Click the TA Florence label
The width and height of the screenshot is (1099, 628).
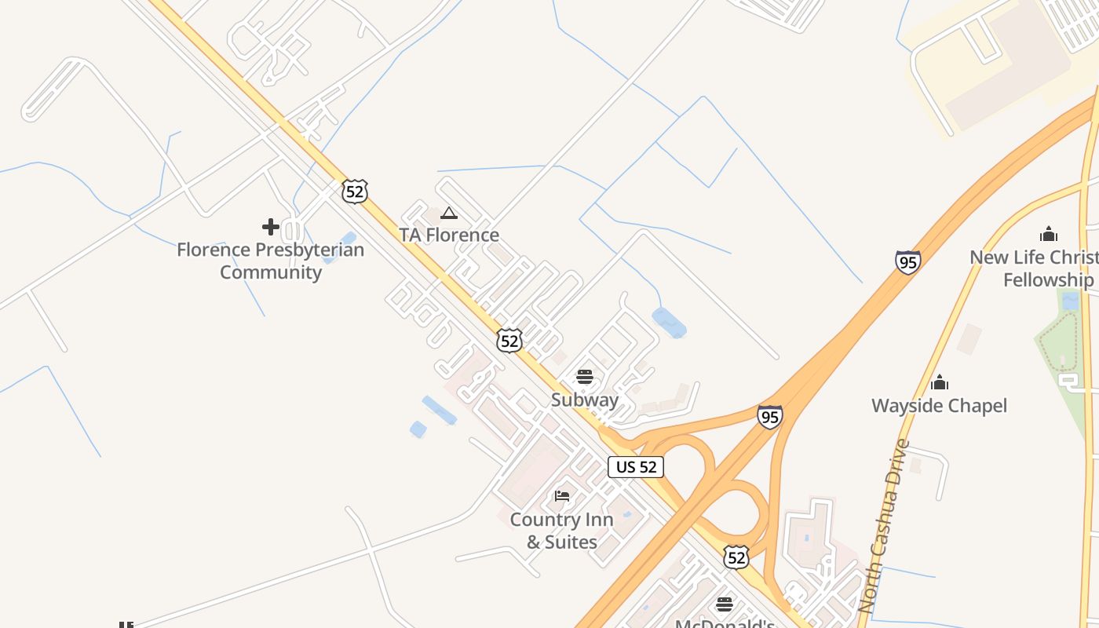pyautogui.click(x=448, y=235)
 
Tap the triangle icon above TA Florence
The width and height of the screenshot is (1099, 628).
pyautogui.click(x=448, y=213)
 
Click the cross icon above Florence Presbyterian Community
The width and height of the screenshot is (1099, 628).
pyautogui.click(x=270, y=227)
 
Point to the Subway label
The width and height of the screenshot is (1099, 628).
pyautogui.click(x=585, y=400)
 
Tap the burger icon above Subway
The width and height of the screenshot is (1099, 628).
pyautogui.click(x=585, y=377)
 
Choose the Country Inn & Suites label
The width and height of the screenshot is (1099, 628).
pyautogui.click(x=561, y=531)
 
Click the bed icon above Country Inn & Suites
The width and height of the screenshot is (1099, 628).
pyautogui.click(x=562, y=496)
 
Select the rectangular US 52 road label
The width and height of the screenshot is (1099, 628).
pyautogui.click(x=636, y=467)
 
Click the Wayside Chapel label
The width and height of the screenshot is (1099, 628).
pyautogui.click(x=939, y=406)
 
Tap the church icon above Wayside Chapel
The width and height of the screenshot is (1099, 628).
pyautogui.click(x=939, y=383)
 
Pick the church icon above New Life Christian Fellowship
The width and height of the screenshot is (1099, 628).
pyautogui.click(x=1048, y=234)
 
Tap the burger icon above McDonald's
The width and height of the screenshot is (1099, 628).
pyautogui.click(x=725, y=604)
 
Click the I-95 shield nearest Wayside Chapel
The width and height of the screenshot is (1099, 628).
pyautogui.click(x=770, y=417)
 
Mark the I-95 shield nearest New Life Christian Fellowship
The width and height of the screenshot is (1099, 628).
pyautogui.click(x=907, y=261)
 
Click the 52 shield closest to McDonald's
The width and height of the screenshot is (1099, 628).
pyautogui.click(x=736, y=557)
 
